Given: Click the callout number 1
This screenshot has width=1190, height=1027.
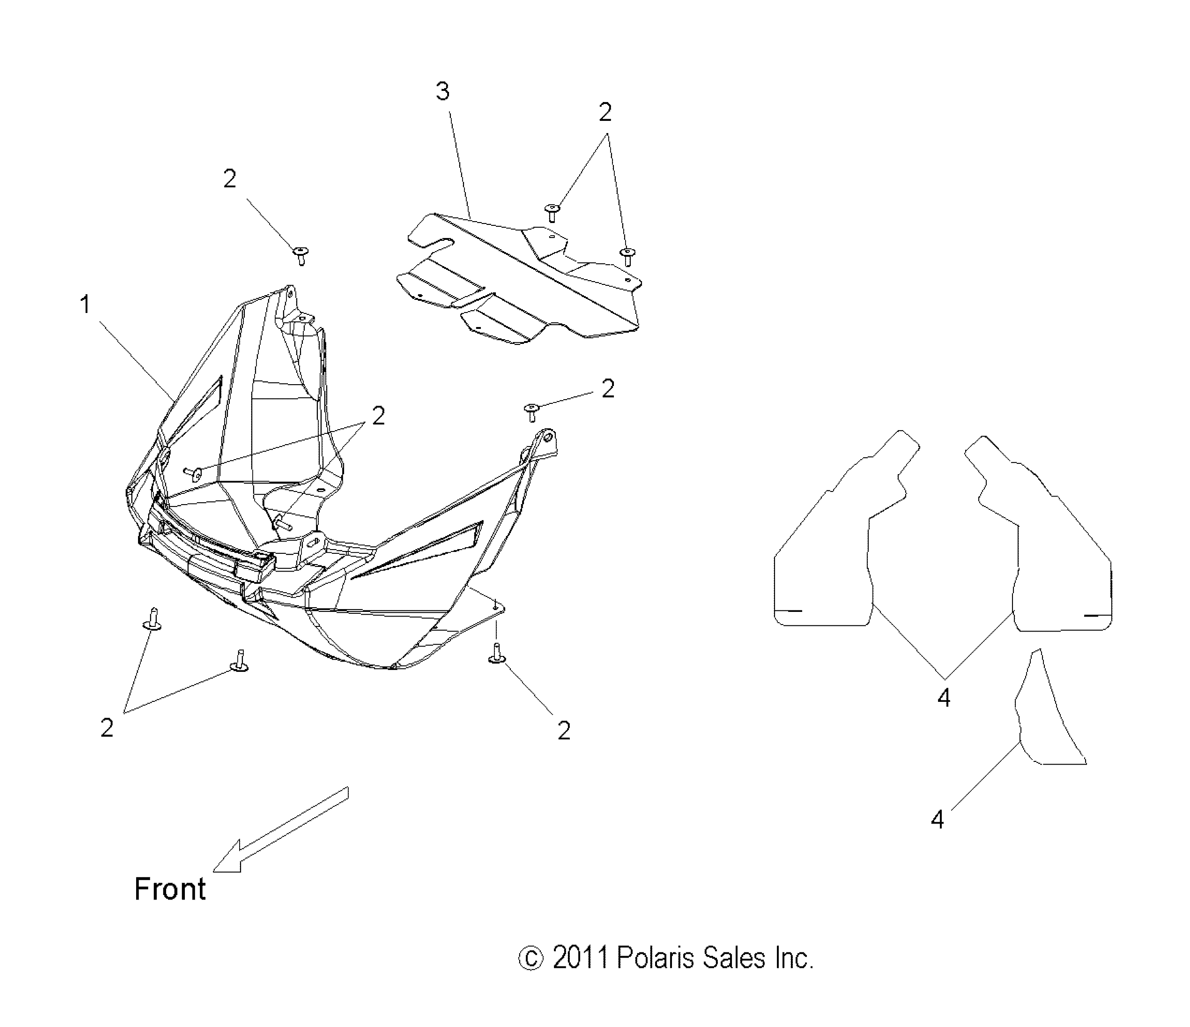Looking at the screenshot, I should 85,305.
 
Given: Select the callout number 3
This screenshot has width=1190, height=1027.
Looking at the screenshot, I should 442,91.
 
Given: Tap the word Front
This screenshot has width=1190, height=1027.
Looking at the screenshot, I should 170,890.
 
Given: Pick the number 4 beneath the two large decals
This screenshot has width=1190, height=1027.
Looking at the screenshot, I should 944,698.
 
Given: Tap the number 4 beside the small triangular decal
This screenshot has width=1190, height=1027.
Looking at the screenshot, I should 937,820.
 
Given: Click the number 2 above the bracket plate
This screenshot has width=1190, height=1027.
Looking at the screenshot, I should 605,112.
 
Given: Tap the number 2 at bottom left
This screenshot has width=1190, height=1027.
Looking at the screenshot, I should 107,728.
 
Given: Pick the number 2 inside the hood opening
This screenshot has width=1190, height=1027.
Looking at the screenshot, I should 378,416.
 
